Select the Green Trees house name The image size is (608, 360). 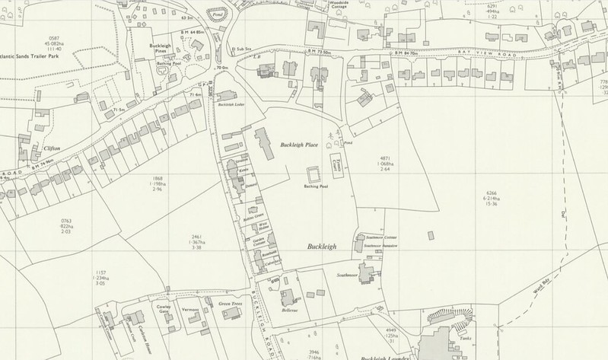(230, 304)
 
